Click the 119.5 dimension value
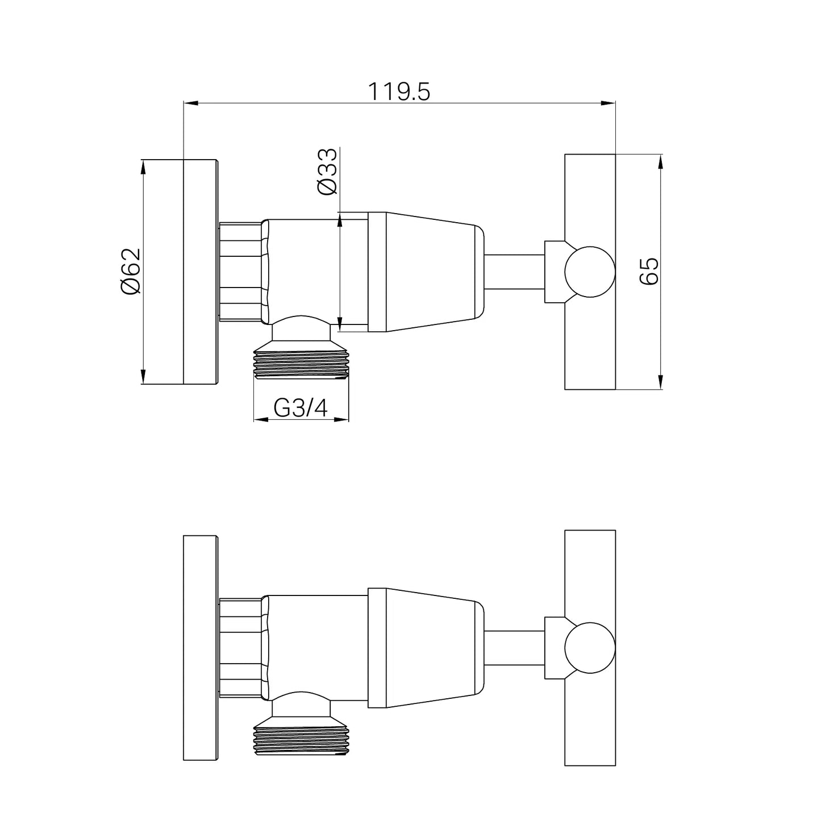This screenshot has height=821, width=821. [399, 92]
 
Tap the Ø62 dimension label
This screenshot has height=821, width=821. [131, 272]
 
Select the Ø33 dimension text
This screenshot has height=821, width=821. [327, 172]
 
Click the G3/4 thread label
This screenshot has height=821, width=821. [301, 408]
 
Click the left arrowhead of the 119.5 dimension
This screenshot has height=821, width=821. [191, 103]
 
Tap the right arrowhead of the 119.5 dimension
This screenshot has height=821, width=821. [608, 103]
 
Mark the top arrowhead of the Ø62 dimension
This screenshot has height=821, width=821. [143, 167]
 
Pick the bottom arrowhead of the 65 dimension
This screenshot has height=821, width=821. [660, 382]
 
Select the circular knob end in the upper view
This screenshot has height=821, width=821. [590, 272]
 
